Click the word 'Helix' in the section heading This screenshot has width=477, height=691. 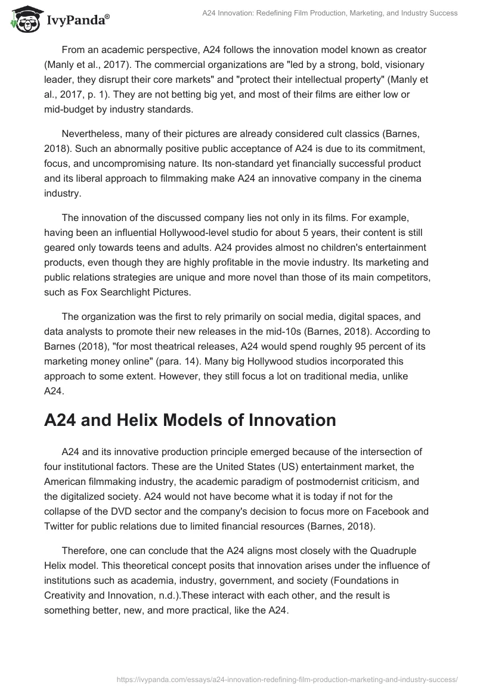(124, 420)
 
